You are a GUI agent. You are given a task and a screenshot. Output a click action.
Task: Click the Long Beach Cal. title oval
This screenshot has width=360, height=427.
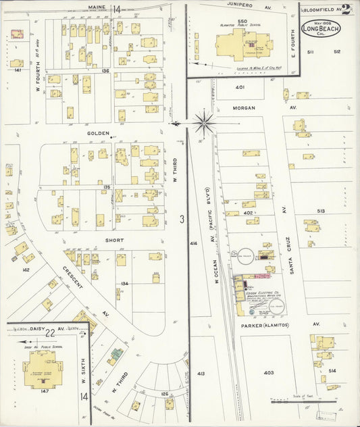322,28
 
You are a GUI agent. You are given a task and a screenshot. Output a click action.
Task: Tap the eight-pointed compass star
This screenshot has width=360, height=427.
203,123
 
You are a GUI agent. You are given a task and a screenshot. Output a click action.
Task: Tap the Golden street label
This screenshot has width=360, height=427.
99,134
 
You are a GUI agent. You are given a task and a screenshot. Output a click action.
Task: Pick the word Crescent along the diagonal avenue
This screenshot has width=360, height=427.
73,279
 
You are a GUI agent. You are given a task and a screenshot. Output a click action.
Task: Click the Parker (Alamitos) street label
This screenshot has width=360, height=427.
265,325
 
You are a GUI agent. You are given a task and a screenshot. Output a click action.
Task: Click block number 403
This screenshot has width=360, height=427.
268,372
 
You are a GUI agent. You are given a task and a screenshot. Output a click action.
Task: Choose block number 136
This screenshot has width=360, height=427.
105,71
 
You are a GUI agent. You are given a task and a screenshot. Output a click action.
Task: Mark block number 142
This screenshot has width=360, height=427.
26,270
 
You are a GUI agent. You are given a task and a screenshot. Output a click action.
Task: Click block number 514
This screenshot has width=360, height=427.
332,371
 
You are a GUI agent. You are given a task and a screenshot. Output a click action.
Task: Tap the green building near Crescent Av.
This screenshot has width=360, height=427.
117,353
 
